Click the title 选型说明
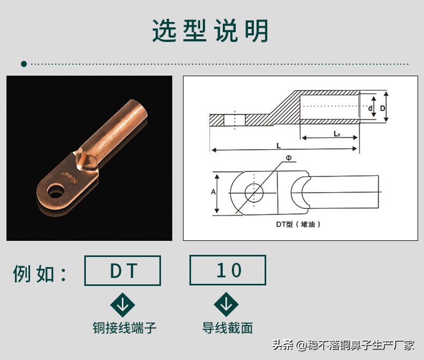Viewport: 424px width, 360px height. [x=210, y=31]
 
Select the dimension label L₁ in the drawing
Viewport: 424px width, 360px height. [x=336, y=134]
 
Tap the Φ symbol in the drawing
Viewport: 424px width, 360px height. [x=288, y=158]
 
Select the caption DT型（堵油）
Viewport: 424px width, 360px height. [x=298, y=225]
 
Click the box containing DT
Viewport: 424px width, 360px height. [x=122, y=270]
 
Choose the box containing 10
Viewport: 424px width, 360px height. [x=228, y=270]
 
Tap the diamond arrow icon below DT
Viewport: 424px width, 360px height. [x=122, y=305]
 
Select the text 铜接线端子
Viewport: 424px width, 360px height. [x=125, y=327]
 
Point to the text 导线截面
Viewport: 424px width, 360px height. [x=227, y=327]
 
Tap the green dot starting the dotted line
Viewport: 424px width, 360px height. [x=24, y=64]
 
